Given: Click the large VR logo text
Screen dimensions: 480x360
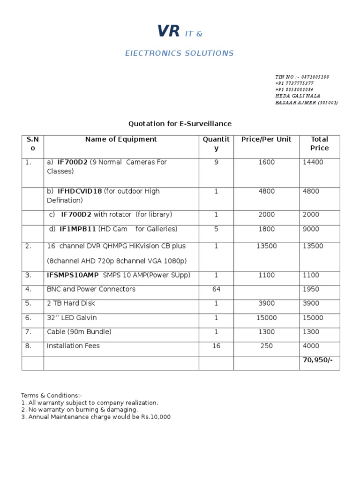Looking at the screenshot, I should pyautogui.click(x=168, y=31).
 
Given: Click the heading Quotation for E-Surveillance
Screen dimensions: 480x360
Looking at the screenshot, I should pyautogui.click(x=180, y=124).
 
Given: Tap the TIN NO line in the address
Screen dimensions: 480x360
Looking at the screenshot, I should pyautogui.click(x=302, y=77).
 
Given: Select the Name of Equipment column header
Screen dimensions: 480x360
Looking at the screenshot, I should pyautogui.click(x=121, y=139).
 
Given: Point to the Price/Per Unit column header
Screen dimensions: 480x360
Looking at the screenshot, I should pyautogui.click(x=266, y=139).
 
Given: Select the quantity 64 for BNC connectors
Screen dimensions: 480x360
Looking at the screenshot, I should pyautogui.click(x=216, y=289).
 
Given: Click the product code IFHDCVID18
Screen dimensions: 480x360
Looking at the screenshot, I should pyautogui.click(x=79, y=191).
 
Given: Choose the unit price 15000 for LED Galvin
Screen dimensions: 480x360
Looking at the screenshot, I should pyautogui.click(x=266, y=318).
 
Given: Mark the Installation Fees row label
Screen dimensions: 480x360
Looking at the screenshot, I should pyautogui.click(x=73, y=346).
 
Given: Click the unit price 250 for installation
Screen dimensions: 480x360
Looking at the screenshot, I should pyautogui.click(x=266, y=346).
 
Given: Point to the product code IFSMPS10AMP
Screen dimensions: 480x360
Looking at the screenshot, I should pyautogui.click(x=73, y=275).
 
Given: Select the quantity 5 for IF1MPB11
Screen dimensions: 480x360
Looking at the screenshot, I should pyautogui.click(x=216, y=229).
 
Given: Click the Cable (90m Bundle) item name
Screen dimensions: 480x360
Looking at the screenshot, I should pyautogui.click(x=79, y=332).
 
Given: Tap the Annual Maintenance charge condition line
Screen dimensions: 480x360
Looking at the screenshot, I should pyautogui.click(x=96, y=417).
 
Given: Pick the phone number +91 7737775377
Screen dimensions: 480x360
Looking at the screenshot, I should pyautogui.click(x=294, y=83).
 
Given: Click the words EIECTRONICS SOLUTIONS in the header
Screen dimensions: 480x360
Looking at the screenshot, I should pyautogui.click(x=179, y=53).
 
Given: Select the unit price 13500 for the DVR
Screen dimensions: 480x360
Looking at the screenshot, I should pyautogui.click(x=266, y=246).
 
